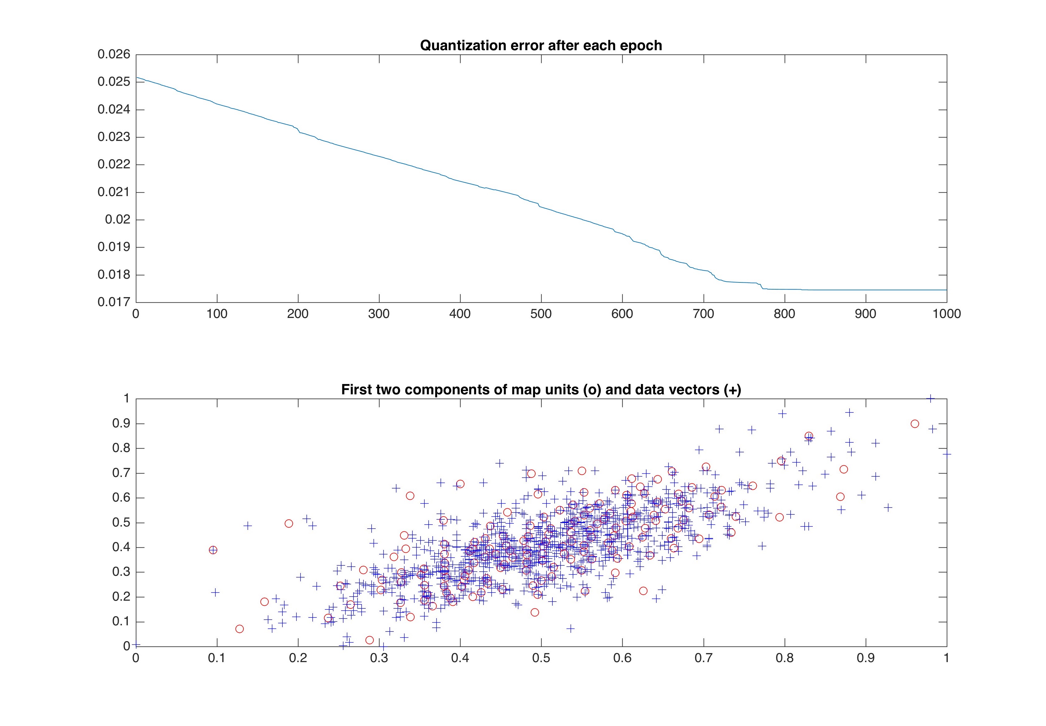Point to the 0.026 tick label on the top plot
pyautogui.click(x=114, y=55)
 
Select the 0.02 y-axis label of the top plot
pyautogui.click(x=118, y=220)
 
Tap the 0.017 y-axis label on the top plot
pyautogui.click(x=114, y=302)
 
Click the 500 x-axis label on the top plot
pyautogui.click(x=541, y=314)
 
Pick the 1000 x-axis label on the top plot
pyautogui.click(x=946, y=314)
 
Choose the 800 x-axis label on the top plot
pyautogui.click(x=784, y=314)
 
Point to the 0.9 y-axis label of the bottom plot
pyautogui.click(x=121, y=424)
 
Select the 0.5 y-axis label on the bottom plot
pyautogui.click(x=121, y=522)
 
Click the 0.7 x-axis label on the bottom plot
pyautogui.click(x=703, y=658)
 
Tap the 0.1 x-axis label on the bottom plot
pyautogui.click(x=217, y=658)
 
